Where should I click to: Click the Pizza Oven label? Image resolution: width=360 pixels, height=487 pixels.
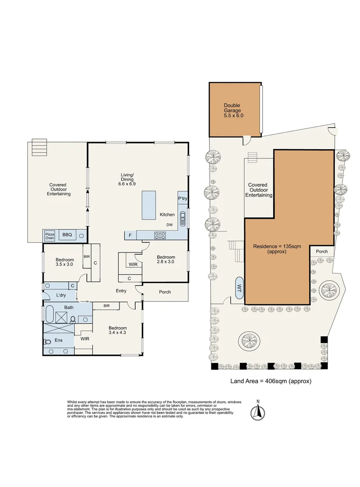click(x=49, y=235)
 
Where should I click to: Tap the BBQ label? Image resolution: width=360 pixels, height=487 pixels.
click(x=67, y=235)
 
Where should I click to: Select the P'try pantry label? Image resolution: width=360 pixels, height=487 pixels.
click(x=182, y=199)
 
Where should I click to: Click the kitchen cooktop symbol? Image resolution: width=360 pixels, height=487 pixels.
click(x=160, y=234)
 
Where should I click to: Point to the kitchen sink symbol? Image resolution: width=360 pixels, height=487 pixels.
click(x=182, y=220)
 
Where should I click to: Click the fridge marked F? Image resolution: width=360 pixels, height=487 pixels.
click(x=130, y=235)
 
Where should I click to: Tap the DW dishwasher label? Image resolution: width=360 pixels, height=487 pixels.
click(x=169, y=225)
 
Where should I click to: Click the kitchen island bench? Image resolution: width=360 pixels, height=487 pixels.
click(x=149, y=205)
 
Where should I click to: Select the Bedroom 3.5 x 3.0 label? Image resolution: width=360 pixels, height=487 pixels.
click(x=65, y=262)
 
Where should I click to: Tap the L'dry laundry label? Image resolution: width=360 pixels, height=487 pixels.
click(x=62, y=295)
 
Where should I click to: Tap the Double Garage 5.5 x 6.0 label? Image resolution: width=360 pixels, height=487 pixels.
click(x=233, y=110)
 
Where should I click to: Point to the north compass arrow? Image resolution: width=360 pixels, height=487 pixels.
click(x=258, y=411)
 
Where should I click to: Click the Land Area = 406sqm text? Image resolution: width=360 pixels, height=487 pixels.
click(x=271, y=381)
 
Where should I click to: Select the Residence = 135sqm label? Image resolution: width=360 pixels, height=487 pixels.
click(x=276, y=249)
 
